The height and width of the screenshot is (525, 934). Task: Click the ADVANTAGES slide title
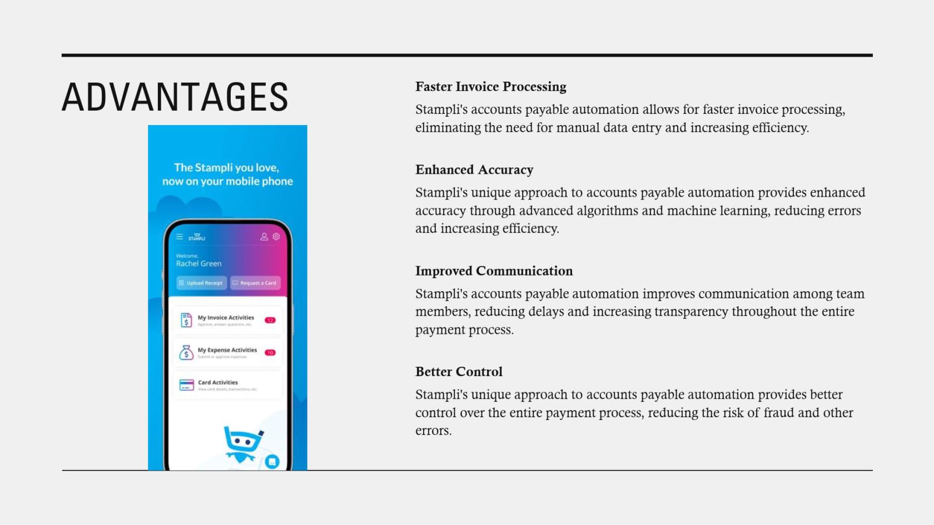coord(175,97)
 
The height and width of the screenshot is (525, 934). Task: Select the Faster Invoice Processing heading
coord(490,87)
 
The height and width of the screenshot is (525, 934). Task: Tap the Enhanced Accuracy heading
coord(474,169)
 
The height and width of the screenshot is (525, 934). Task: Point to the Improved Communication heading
coord(494,271)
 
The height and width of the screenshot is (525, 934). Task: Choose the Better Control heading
coord(459,372)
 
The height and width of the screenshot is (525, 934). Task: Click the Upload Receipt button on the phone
coord(201,283)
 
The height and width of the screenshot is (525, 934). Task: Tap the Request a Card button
coord(255,283)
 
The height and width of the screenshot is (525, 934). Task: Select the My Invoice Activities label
coord(226,318)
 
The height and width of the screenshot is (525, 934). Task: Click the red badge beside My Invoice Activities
coord(270,320)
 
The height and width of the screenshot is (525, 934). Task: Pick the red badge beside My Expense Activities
coord(270,353)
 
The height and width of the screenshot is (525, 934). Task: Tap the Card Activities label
coord(218,382)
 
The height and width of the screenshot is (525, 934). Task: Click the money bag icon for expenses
coord(186,352)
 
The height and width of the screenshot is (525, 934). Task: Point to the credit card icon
coord(186,384)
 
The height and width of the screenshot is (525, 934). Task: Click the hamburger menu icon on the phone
coord(180,237)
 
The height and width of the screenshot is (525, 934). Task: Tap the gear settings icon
coord(276,237)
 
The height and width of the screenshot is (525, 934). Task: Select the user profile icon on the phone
coord(264,237)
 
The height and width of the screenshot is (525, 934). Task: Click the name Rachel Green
coord(198,264)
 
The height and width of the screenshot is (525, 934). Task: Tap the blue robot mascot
coord(242,443)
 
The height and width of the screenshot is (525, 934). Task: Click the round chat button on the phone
coord(272,461)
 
